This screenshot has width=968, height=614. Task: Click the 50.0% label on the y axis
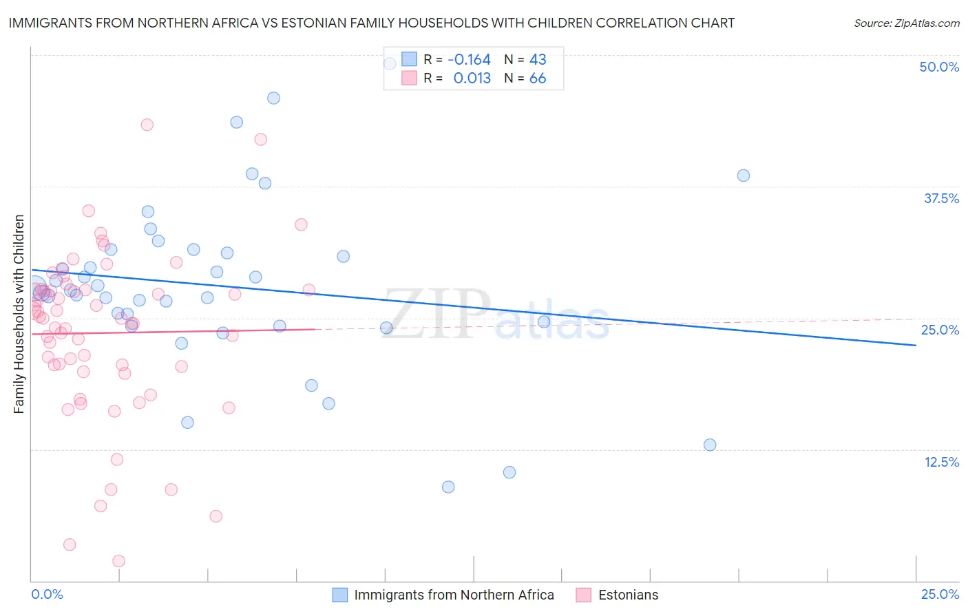(939, 67)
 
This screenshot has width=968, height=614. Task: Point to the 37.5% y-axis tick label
(941, 198)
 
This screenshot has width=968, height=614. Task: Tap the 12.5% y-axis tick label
(941, 462)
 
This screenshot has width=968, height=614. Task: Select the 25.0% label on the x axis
(940, 594)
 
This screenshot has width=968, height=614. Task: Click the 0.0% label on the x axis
(47, 594)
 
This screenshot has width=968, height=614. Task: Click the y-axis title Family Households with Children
(19, 314)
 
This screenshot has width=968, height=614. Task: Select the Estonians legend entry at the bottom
(627, 595)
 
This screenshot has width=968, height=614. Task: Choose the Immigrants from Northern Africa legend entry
(454, 595)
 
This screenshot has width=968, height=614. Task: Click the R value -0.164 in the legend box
(469, 60)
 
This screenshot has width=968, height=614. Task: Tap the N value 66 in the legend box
(538, 78)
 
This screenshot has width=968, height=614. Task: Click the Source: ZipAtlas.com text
(906, 23)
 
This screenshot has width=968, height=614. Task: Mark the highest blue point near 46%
(273, 98)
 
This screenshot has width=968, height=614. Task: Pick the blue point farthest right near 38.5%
(743, 176)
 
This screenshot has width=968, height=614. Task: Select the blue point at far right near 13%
(710, 445)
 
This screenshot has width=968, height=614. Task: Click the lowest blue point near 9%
(448, 487)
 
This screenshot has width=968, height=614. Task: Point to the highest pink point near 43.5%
(147, 125)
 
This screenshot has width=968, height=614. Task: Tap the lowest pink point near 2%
(118, 561)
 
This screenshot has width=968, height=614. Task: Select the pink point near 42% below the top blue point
(260, 139)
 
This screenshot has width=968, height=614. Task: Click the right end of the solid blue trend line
(916, 345)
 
